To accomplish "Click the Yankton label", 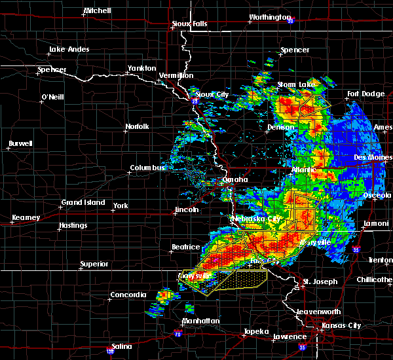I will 142,68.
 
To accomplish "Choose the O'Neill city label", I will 52,97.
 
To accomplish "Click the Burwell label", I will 20,143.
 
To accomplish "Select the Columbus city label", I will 148,168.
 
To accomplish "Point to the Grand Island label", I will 83,202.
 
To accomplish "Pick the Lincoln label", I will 186,209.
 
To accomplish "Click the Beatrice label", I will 185,247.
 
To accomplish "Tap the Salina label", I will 120,346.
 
